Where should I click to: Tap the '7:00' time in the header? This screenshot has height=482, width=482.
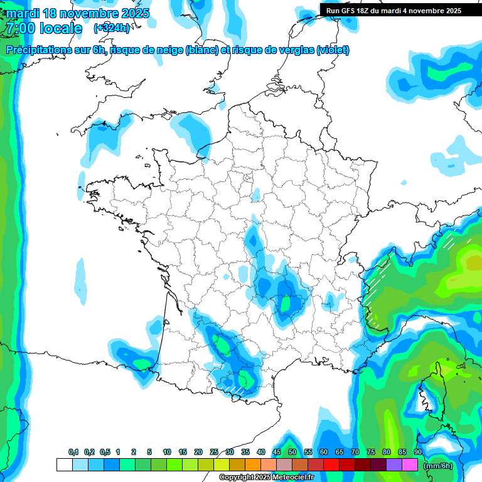(20, 28)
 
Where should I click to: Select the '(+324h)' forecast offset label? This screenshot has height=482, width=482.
(112, 28)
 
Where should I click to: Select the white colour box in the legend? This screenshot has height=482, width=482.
(64, 465)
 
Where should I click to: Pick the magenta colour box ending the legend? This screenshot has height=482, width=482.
(410, 465)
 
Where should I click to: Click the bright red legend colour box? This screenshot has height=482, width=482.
(331, 465)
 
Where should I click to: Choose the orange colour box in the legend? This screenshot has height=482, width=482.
(253, 465)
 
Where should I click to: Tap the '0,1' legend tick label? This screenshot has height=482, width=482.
(73, 453)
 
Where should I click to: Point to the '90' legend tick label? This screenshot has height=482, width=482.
(418, 453)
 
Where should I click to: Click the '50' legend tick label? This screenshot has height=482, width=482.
(292, 453)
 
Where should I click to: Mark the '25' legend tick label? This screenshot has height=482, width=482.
(214, 453)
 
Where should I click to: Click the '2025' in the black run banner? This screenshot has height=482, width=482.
(452, 11)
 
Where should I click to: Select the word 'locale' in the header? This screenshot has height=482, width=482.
(60, 28)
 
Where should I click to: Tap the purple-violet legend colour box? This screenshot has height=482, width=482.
(394, 465)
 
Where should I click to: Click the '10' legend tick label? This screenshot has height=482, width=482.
(167, 453)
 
